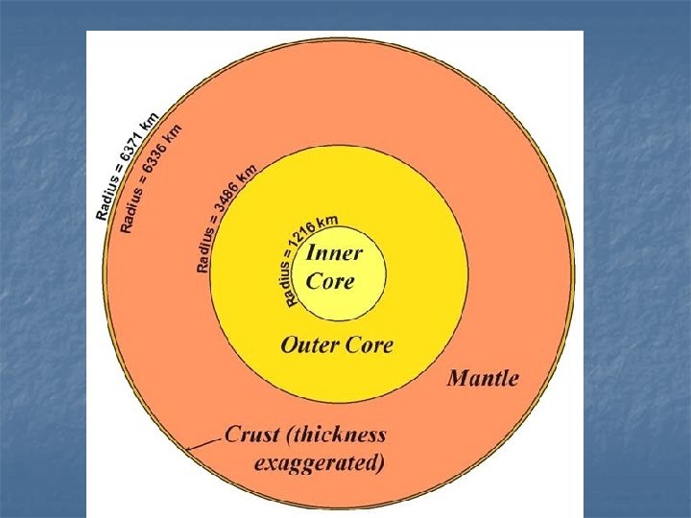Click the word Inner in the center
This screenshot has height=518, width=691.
coord(334,254)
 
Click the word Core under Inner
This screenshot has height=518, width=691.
coord(330,281)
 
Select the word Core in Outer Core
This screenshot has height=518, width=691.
coord(369,343)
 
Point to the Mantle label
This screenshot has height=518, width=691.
coord(483,377)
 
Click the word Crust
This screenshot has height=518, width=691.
coord(252,435)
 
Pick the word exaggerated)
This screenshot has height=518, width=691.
coord(320,463)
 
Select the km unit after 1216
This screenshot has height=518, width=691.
coord(327,222)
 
